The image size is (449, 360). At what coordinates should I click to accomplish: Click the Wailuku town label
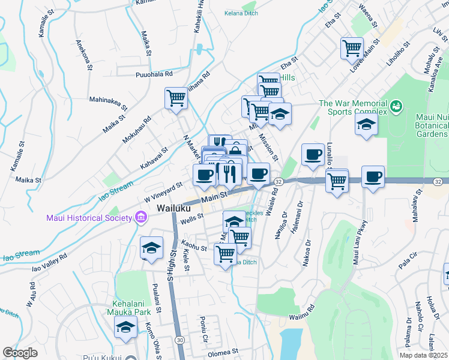pos(174,208)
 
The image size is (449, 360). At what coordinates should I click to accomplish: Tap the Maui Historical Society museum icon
pos(140,217)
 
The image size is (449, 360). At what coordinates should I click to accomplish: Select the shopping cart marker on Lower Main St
pos(352,48)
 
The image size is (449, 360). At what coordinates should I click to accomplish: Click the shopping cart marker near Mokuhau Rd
pos(176,98)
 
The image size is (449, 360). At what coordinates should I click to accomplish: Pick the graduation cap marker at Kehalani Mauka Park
pos(125,326)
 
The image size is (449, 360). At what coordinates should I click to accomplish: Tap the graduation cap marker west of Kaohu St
pos(151,247)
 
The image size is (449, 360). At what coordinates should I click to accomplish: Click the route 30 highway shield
pos(180,340)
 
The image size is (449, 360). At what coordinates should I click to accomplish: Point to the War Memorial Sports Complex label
pos(353,107)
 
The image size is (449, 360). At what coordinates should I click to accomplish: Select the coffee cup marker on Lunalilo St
pos(312,154)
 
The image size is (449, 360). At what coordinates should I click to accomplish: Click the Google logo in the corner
pos(20,353)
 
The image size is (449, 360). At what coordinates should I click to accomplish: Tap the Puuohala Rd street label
pos(154,74)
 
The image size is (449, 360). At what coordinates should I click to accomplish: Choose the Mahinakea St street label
pos(108,103)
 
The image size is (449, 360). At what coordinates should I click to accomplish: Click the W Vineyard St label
pos(163,193)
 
